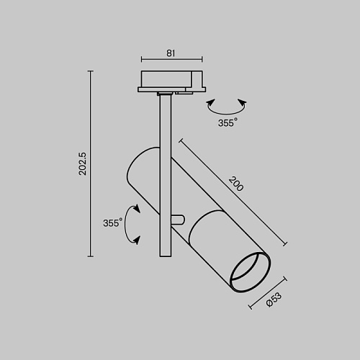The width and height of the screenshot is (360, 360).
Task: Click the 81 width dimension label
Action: pos(171,53)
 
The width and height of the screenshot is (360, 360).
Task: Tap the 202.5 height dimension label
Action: pos(83,163)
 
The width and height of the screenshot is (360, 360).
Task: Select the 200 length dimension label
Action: pos(236,184)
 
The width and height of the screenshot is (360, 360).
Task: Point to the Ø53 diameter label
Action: pos(274,300)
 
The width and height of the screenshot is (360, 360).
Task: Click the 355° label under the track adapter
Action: pos(228,122)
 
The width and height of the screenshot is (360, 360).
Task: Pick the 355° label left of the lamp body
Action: pos(113,222)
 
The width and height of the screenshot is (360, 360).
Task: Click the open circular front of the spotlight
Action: pos(251,272)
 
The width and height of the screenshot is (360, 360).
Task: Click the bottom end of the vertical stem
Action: pos(166,256)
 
